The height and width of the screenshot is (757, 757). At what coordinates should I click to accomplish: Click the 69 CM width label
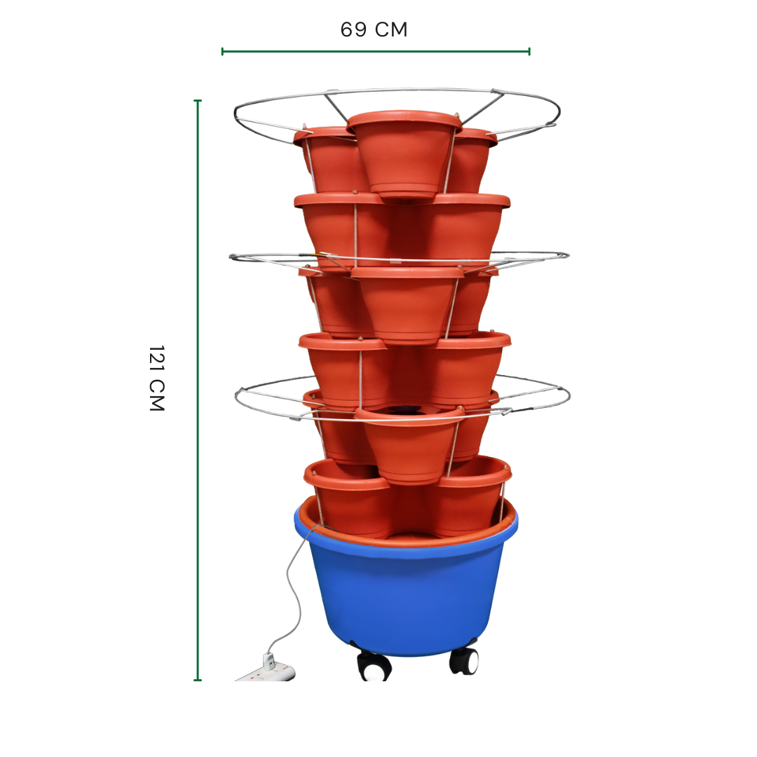point(374,29)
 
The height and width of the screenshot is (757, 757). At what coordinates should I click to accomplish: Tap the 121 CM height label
point(157,378)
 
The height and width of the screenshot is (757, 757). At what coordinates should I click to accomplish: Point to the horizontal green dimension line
point(376,51)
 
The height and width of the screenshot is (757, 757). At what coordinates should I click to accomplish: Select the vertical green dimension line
point(198,390)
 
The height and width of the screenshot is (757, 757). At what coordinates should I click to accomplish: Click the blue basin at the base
point(406,589)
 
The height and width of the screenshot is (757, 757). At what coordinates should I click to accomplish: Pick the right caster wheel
point(464,660)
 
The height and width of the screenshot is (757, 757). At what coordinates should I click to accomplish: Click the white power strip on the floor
point(266,673)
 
